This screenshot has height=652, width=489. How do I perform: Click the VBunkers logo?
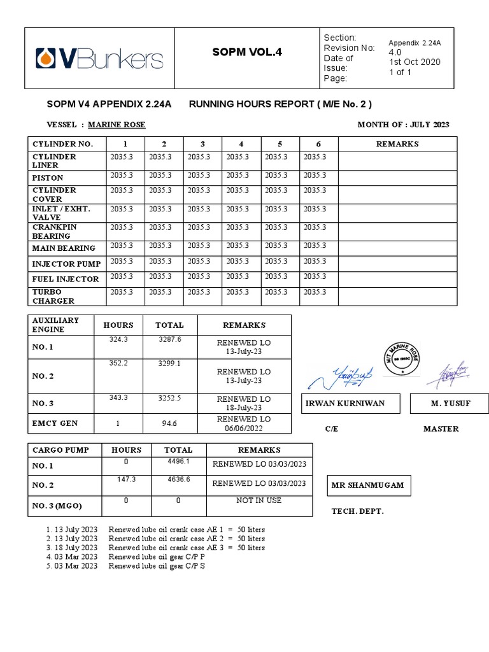point(99,59)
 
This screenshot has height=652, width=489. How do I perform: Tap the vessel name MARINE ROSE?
point(117,125)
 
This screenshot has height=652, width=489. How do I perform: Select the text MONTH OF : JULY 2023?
point(403,125)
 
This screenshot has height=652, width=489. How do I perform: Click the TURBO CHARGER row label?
point(53,296)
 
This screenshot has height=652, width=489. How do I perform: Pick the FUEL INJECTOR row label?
point(66,279)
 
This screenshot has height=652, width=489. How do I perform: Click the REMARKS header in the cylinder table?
point(397,144)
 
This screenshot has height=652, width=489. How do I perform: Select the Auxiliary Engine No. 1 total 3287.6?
point(169,340)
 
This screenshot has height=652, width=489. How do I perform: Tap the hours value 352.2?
point(118,364)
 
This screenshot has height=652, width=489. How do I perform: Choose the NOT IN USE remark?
point(259,500)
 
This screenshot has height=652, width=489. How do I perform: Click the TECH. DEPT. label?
point(358,512)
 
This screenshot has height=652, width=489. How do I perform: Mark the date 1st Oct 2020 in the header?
point(415,62)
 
